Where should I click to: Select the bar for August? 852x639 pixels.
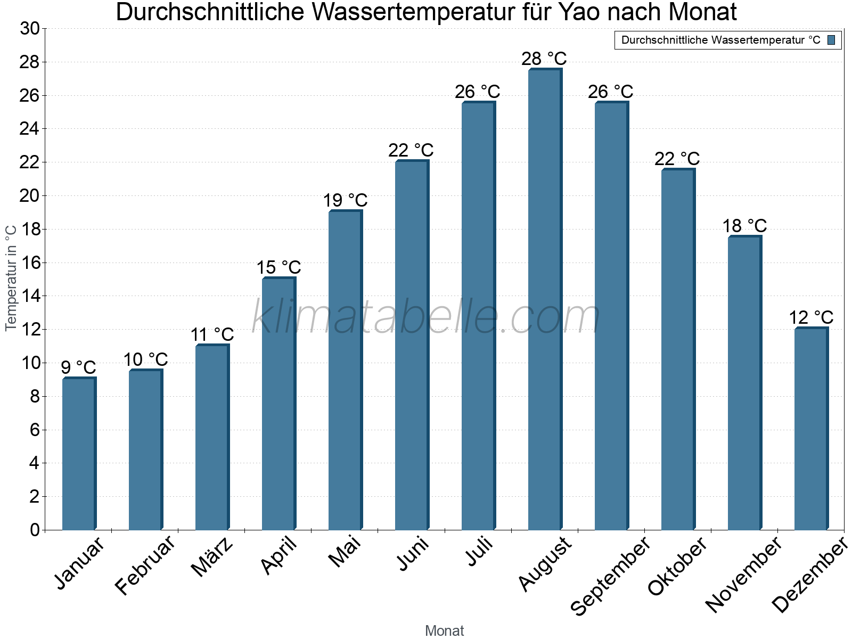tap(545, 299)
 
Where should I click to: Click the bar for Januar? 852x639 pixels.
tap(79, 454)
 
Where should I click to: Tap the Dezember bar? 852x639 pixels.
tap(811, 429)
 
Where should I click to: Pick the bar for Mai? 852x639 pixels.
tap(345, 370)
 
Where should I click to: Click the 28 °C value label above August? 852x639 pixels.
tap(544, 59)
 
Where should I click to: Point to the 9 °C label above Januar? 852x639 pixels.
tap(78, 367)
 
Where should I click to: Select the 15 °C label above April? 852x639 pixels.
tap(278, 267)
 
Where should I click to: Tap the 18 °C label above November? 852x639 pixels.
tap(744, 226)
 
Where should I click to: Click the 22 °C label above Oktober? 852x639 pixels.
tap(677, 159)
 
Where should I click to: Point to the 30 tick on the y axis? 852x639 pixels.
tap(30, 29)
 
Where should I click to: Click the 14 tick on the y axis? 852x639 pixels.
tap(30, 296)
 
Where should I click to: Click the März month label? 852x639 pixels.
tap(212, 557)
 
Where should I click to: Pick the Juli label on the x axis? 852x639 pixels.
tap(479, 552)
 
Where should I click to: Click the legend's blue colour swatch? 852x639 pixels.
tap(831, 40)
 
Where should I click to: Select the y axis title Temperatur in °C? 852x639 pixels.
tap(11, 278)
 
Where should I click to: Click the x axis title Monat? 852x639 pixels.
tap(445, 631)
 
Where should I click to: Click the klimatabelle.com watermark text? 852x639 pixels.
tap(426, 317)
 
